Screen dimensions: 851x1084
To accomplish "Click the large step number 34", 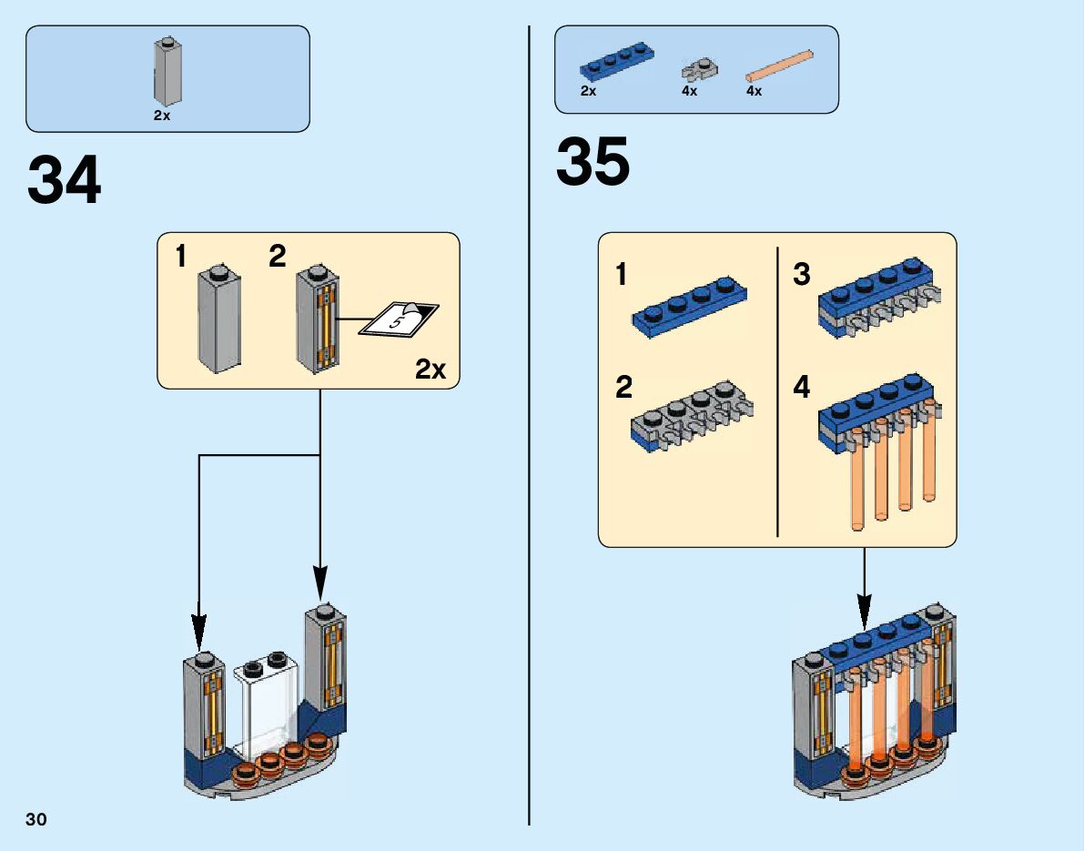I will coord(65,181).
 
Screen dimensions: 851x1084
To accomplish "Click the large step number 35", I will coord(593,162).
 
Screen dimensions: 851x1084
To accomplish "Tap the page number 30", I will coord(36,819).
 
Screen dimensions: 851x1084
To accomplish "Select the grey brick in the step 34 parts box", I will coord(165,73).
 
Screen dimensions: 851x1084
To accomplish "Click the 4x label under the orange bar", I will coord(754,91).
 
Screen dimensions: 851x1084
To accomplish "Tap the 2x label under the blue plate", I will coord(588,91).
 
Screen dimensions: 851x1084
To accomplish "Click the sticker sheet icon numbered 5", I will coord(399,319).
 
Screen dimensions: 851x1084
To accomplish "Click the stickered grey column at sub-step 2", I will coord(318,319).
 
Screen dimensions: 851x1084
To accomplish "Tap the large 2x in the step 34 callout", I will coord(430,370).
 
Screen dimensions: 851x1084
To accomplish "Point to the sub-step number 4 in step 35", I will coord(801,388).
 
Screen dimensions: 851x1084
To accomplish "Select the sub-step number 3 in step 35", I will coord(801,274).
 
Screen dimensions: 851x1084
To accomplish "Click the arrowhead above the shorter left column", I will coord(198,629).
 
